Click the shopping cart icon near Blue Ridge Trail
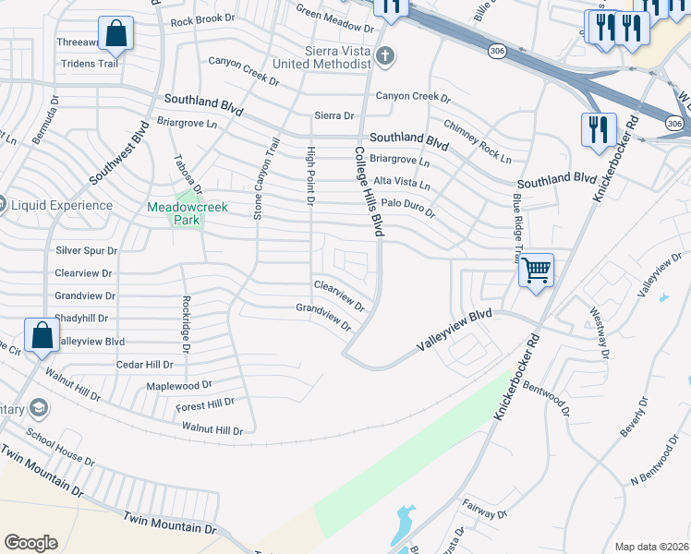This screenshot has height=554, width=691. [536, 271]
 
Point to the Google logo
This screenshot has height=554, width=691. [30, 543]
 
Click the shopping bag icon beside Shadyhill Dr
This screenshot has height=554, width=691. [42, 335]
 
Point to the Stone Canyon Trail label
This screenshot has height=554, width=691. [266, 179]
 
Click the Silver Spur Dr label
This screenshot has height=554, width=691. [87, 250]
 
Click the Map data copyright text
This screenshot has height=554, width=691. [651, 547]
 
